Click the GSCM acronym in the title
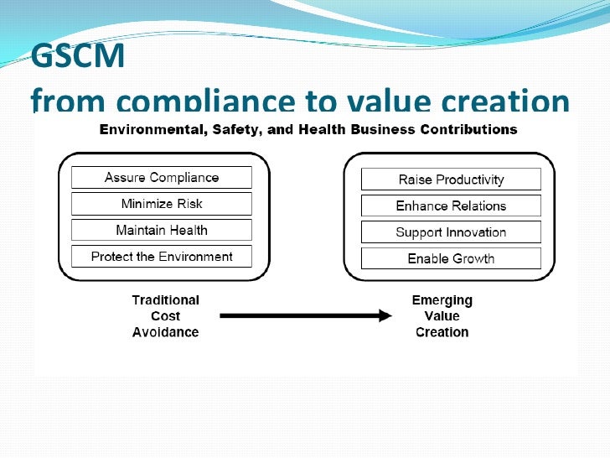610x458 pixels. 77,57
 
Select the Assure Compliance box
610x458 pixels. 162,177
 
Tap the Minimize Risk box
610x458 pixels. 162,204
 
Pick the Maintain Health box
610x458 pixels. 162,230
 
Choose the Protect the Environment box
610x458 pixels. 162,257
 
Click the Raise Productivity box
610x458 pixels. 451,180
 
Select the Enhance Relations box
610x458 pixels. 451,206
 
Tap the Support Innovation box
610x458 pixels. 451,232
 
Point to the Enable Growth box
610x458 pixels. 451,258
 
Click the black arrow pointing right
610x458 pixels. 305,316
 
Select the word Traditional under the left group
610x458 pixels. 166,300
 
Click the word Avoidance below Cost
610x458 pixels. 166,332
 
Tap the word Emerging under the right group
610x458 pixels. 442,300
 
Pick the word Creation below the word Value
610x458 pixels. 442,332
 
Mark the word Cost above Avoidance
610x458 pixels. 166,316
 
